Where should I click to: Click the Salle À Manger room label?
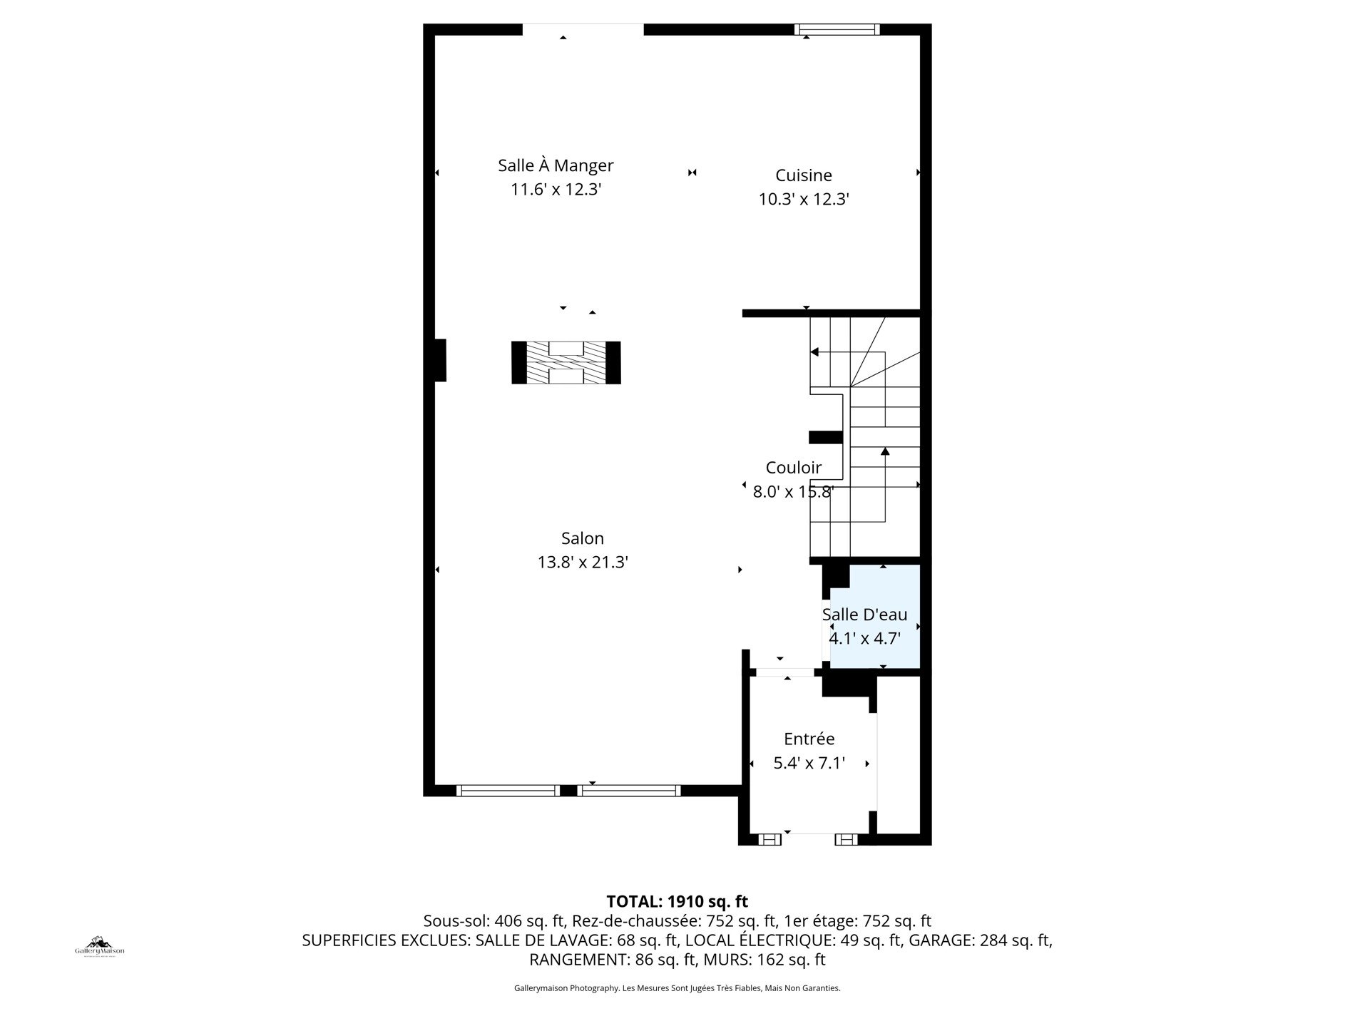(x=556, y=165)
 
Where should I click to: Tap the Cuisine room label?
(x=804, y=175)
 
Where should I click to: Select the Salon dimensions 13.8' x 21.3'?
(x=583, y=563)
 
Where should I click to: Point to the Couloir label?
(x=794, y=468)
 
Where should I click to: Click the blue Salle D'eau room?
(x=875, y=617)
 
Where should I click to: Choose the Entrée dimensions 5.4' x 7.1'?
(x=809, y=764)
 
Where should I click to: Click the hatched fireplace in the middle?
(x=566, y=362)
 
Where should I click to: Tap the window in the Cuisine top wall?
(x=837, y=29)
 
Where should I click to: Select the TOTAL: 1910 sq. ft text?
(x=677, y=902)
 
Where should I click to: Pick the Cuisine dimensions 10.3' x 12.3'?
(x=804, y=199)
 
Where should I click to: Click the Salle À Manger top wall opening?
(x=583, y=29)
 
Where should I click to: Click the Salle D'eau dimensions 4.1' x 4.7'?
(x=864, y=638)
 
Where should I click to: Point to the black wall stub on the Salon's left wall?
(x=440, y=360)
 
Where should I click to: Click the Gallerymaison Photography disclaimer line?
(x=677, y=988)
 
